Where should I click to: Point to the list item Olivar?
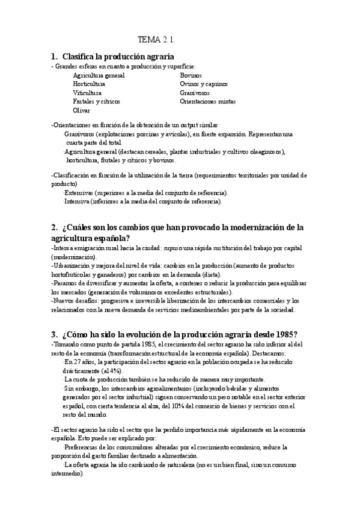coord(82,111)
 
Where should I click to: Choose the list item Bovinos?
coord(192,75)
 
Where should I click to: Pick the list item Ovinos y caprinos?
coord(204,84)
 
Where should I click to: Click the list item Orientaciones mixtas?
coord(208,102)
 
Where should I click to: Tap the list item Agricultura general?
coord(99,75)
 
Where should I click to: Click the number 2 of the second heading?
coord(54,227)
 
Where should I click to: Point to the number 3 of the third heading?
coord(54,334)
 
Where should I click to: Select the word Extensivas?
coord(82,192)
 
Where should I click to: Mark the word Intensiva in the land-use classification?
coord(81,201)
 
